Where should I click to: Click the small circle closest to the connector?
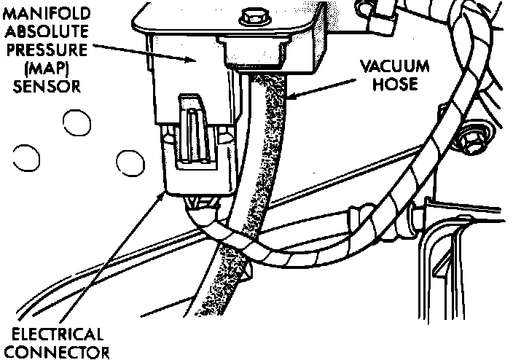click(x=130, y=162)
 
